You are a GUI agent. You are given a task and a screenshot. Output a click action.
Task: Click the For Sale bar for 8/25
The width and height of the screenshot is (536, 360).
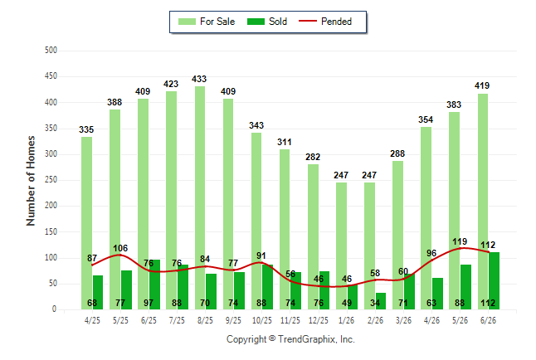[x=200, y=198]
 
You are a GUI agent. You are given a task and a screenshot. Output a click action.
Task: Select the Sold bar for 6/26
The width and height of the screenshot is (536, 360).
[x=494, y=281]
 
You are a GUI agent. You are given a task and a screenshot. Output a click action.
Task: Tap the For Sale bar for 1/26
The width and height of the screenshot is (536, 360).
[x=341, y=246]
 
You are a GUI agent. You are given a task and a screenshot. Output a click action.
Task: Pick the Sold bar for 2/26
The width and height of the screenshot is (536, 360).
[x=381, y=301]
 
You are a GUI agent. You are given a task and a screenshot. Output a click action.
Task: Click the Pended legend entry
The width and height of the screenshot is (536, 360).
[x=325, y=22]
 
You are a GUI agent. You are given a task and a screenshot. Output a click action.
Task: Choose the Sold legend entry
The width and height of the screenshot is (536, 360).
[x=267, y=22]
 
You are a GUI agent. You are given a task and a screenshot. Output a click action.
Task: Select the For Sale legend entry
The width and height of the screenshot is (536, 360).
[x=207, y=22]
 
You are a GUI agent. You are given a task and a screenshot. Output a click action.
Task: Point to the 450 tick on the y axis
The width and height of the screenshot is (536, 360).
[x=51, y=75]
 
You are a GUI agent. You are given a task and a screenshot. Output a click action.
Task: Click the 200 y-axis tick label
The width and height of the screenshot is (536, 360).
[x=51, y=206]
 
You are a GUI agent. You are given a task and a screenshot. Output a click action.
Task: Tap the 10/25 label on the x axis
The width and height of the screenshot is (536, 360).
[x=262, y=320]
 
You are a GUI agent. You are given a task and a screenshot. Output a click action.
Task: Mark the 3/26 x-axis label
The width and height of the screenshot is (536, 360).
[x=403, y=320]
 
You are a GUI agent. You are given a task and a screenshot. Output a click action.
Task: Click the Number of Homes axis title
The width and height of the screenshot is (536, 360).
[x=31, y=181]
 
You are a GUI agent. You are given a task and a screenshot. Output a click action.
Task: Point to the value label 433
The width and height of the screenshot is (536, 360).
[x=199, y=79]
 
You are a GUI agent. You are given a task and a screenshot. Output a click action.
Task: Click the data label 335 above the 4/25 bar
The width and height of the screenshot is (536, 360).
[x=86, y=129]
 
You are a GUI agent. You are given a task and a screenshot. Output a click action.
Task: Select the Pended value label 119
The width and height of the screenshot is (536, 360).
[x=460, y=241]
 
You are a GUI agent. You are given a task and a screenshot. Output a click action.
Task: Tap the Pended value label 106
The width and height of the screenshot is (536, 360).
[x=120, y=248]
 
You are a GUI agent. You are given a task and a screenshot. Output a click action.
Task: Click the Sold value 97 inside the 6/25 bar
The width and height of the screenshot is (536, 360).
[x=149, y=303]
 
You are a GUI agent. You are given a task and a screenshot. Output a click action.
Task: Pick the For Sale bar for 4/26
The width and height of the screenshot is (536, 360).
[x=426, y=218]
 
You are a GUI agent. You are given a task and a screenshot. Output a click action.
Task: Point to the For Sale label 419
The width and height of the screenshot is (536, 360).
[x=482, y=85]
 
